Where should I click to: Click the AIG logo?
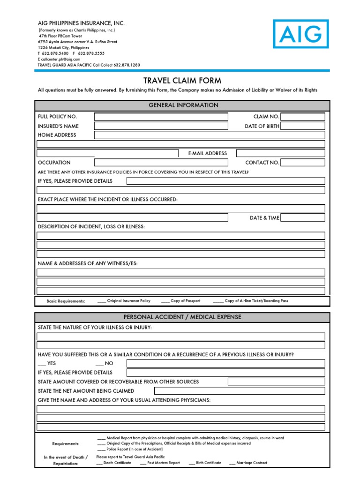(x=301, y=34)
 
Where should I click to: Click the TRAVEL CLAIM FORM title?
(x=182, y=81)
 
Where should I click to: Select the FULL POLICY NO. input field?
(x=161, y=117)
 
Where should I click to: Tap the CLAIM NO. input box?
(x=302, y=117)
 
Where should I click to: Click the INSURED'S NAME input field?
(x=161, y=126)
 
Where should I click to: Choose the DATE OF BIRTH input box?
(x=302, y=126)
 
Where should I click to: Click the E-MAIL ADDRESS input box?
(x=280, y=153)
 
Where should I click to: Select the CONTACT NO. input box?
(x=302, y=163)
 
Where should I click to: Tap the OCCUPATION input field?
(x=161, y=163)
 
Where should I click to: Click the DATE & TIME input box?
(x=302, y=217)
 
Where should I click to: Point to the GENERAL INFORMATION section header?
(x=182, y=105)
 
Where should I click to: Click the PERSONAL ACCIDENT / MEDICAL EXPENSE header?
(x=182, y=317)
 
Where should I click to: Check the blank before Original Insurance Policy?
(x=102, y=301)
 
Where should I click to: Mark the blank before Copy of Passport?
(x=165, y=301)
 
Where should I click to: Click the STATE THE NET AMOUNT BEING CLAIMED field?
(x=239, y=391)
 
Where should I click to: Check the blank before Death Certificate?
(x=99, y=463)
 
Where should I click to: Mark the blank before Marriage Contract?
(x=232, y=463)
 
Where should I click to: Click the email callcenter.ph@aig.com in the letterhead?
(x=60, y=60)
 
